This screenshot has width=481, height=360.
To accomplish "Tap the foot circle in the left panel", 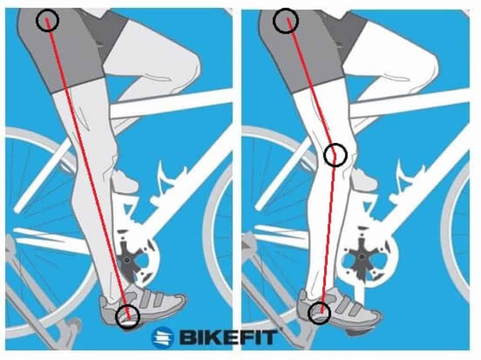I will (127, 315).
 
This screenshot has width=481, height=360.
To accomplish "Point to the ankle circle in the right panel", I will (319, 312).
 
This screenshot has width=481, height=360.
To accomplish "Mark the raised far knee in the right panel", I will (423, 66).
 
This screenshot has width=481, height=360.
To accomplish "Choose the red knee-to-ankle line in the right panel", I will (327, 235).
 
